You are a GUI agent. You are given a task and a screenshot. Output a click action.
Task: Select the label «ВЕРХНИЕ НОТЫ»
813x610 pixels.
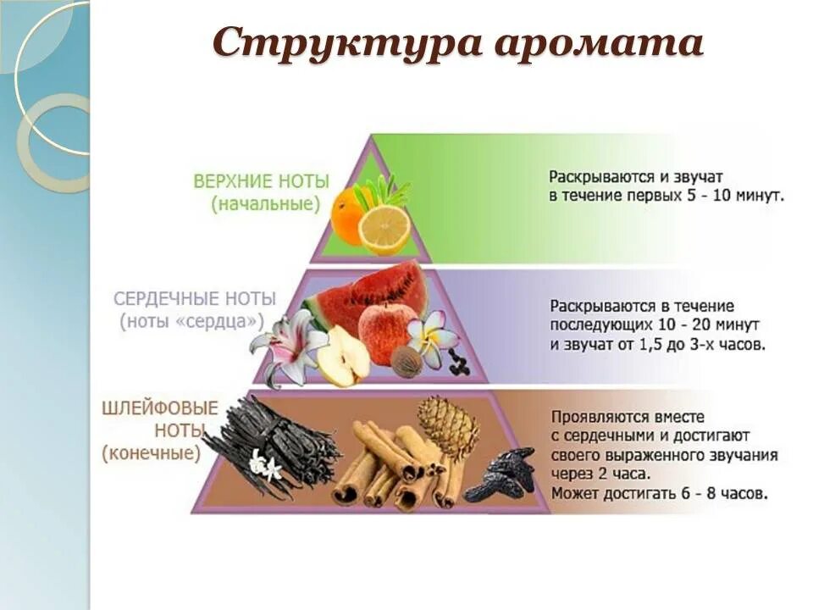click(x=261, y=182)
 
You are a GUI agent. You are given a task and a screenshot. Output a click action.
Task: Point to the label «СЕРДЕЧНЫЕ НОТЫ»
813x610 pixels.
click(x=195, y=299)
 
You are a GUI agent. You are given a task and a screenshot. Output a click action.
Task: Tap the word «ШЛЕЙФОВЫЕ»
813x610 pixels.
click(x=160, y=409)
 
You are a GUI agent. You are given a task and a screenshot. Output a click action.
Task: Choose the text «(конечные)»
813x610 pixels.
click(x=152, y=453)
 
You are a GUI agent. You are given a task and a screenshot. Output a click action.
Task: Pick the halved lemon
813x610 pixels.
click(x=384, y=229)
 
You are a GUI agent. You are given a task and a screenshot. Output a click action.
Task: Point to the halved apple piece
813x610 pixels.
click(x=342, y=356)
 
